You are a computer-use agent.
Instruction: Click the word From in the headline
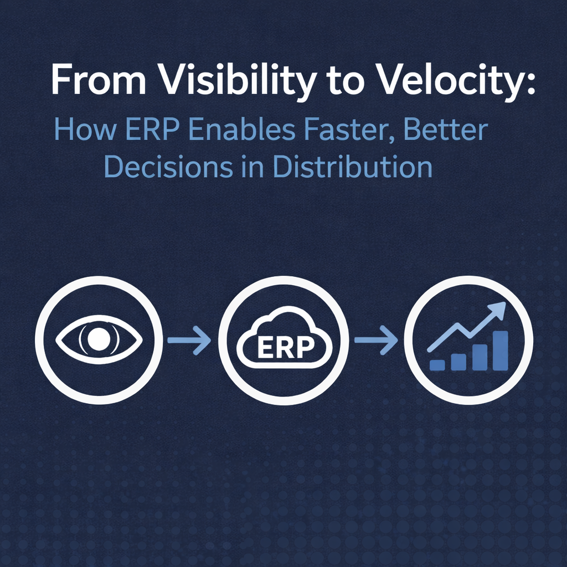click(x=99, y=79)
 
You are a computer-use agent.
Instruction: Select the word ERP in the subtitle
click(x=152, y=130)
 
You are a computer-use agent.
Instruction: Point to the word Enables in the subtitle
click(x=242, y=130)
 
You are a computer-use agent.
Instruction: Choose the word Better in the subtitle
click(x=446, y=130)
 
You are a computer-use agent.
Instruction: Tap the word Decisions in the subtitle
click(x=168, y=166)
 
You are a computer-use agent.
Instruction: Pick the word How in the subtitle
click(x=85, y=130)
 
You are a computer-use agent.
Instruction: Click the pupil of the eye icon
click(x=99, y=339)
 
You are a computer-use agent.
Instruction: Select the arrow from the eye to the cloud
click(x=189, y=340)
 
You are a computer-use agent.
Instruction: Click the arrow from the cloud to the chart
click(x=376, y=340)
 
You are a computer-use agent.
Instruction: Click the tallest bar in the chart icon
click(x=501, y=350)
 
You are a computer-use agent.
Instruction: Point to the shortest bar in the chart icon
click(x=437, y=365)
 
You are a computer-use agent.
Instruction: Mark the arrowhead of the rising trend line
click(x=497, y=310)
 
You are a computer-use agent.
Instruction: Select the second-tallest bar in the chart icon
click(x=480, y=357)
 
